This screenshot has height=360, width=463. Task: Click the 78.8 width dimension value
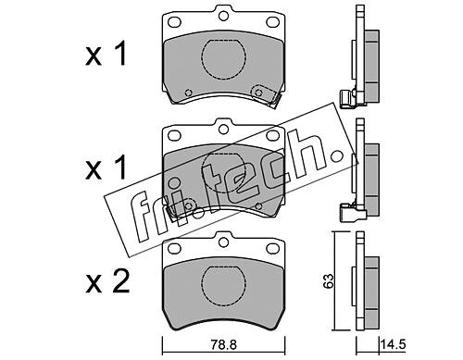point(224,344)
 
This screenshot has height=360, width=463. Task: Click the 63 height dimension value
point(328,280)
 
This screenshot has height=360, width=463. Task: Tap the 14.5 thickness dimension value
point(393,344)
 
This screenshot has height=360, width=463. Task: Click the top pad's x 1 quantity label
point(106,55)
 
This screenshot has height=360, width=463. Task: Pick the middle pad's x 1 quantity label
point(106,168)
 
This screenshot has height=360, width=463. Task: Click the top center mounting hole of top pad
point(223,16)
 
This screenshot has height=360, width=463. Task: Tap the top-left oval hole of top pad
point(174,22)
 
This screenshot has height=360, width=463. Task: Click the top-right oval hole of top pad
point(272,21)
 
